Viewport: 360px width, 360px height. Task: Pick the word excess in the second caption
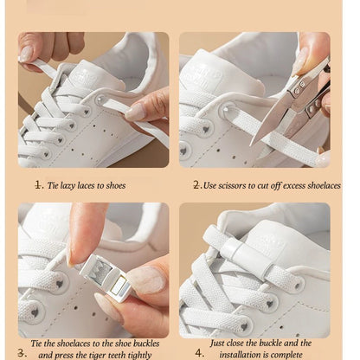[x=296, y=185]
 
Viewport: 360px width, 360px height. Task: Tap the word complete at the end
[x=292, y=353]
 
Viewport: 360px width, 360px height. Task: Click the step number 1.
[x=38, y=184]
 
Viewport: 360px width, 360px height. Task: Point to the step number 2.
[x=196, y=184]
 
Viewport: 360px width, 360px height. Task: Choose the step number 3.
[x=21, y=352]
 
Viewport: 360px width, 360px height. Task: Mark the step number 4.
[x=198, y=352]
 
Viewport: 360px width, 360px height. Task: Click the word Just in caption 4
[x=220, y=343]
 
